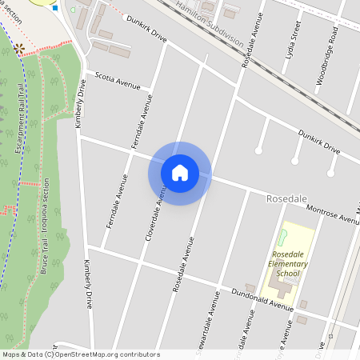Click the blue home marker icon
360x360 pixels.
pyautogui.click(x=180, y=173)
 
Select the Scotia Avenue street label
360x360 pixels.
pyautogui.click(x=117, y=81)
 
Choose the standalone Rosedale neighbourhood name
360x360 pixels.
pyautogui.click(x=286, y=197)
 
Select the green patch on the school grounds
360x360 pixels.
pyautogui.click(x=282, y=238)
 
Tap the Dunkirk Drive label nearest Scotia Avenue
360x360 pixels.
pyautogui.click(x=144, y=38)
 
